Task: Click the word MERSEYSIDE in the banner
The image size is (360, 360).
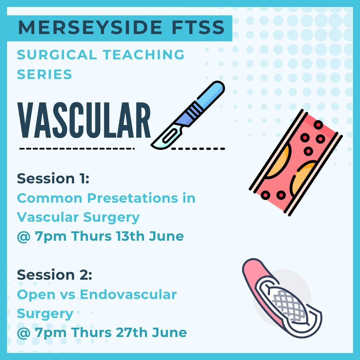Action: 90,28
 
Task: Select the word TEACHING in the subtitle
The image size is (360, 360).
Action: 143,55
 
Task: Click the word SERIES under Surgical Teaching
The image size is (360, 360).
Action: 45,74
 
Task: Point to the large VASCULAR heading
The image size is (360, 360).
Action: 84,120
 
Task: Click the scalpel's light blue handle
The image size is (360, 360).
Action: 210,94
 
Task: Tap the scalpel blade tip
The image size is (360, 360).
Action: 152,145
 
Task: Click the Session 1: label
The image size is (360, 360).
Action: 53,179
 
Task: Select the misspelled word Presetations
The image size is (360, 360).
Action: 132,198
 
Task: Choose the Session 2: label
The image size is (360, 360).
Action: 54,275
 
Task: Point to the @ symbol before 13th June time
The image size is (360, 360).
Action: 24,237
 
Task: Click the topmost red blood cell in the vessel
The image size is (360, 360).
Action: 318,125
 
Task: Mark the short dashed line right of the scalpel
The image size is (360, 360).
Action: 198,149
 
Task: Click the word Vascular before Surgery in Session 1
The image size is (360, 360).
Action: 48,217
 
